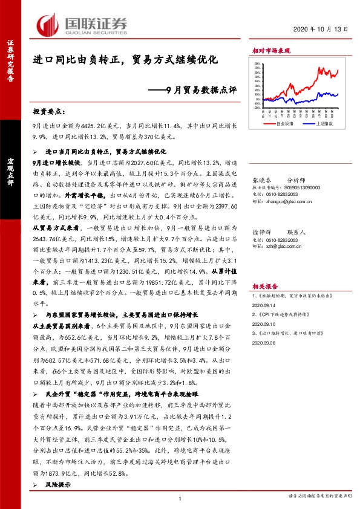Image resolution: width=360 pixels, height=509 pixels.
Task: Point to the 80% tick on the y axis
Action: coord(258,63)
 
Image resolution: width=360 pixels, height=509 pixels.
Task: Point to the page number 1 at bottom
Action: coord(180,498)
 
